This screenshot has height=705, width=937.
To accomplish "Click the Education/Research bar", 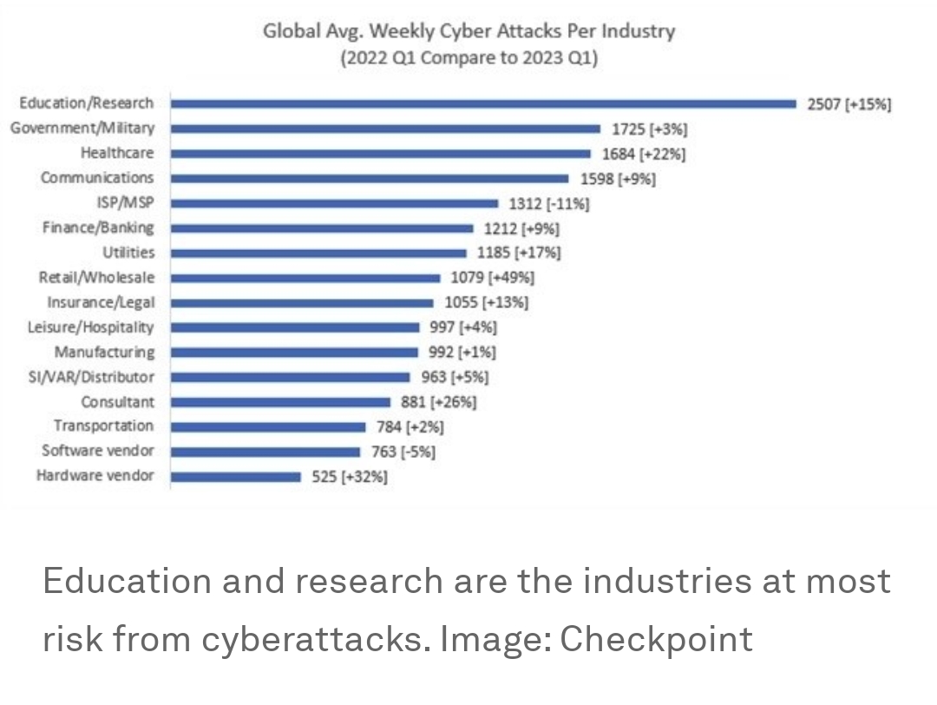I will [482, 103].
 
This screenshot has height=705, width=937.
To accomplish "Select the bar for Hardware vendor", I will [236, 477].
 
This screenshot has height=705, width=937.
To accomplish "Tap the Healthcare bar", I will [380, 154].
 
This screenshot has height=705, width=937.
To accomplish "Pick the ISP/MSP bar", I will [334, 203].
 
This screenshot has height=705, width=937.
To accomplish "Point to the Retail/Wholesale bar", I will [305, 278].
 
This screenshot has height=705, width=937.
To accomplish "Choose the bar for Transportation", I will [268, 426].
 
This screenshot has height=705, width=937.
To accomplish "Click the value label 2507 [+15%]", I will [849, 104].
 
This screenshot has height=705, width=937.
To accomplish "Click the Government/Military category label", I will [82, 128].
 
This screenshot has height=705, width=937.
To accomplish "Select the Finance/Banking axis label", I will [98, 227].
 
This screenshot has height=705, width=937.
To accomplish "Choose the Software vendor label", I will [98, 451].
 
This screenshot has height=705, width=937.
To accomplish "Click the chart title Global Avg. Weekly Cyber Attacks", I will [468, 32].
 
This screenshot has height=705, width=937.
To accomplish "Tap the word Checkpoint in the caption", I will [656, 639].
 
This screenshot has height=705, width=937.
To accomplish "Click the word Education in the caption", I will [127, 580].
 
